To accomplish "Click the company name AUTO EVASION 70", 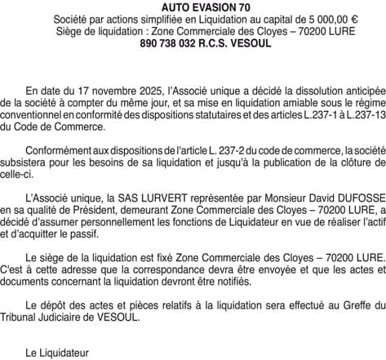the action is [193, 7].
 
